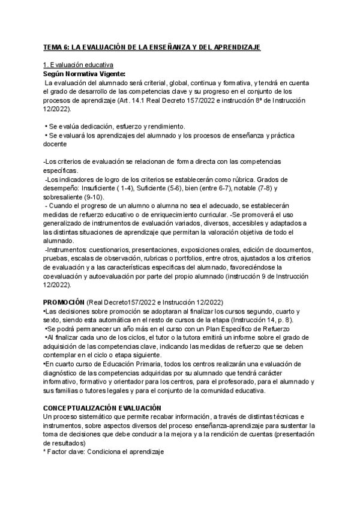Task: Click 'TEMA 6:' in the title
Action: pos(55,47)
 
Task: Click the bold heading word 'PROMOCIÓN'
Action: pos(64,302)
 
